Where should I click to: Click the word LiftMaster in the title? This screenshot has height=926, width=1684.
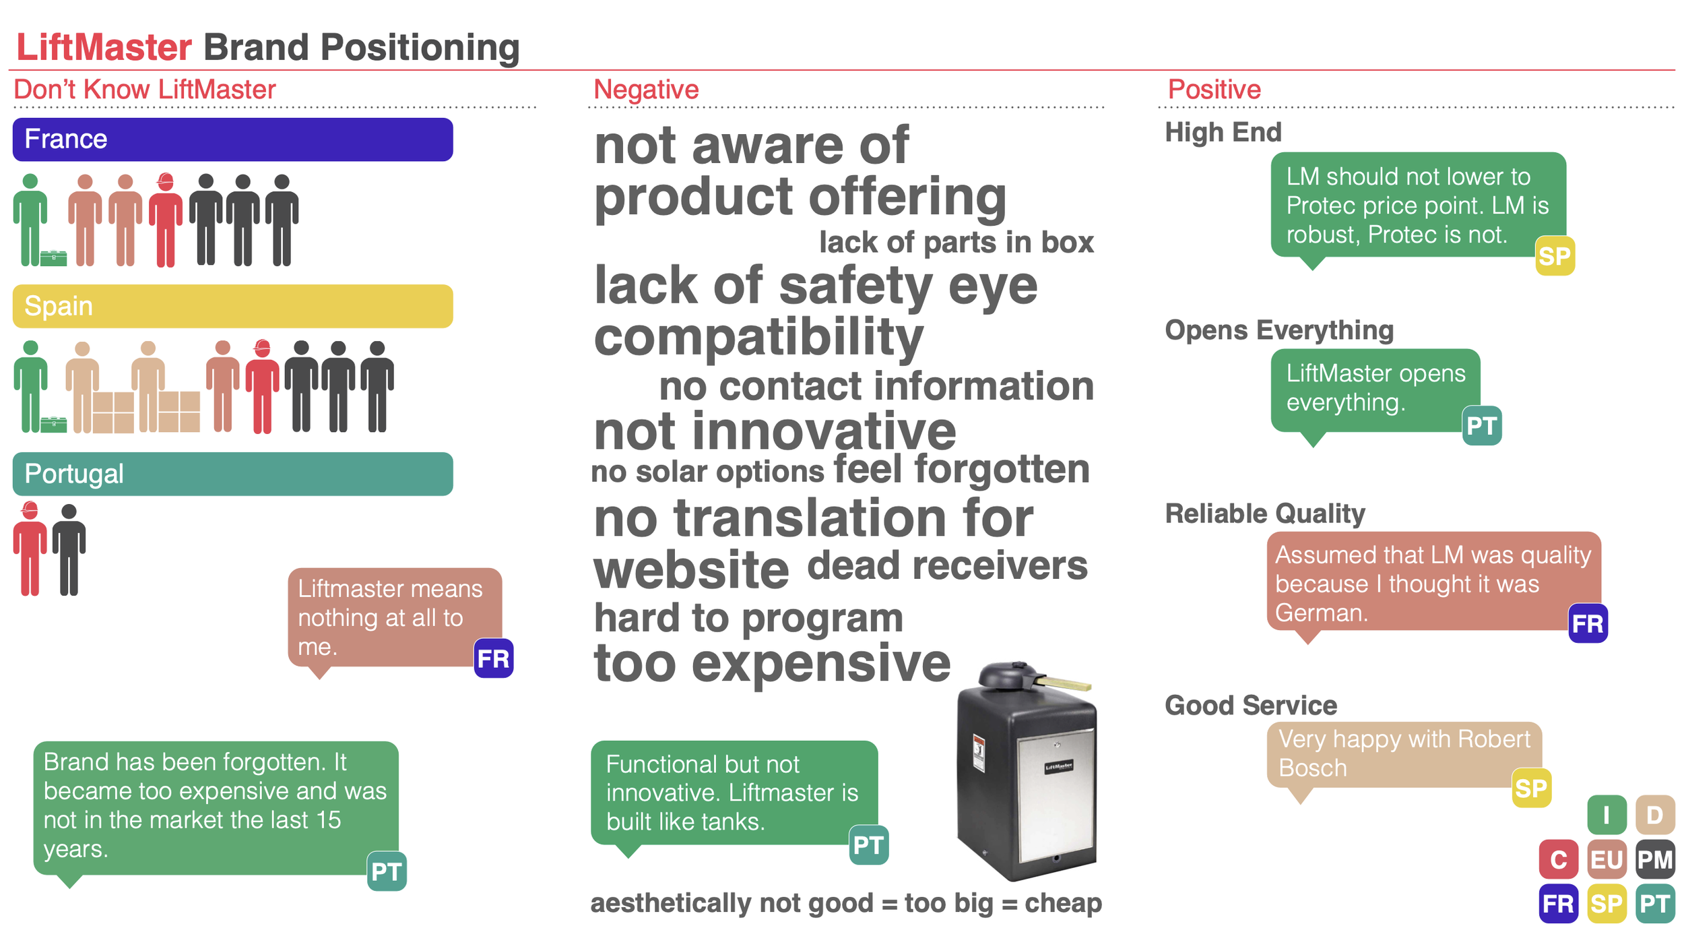(x=104, y=47)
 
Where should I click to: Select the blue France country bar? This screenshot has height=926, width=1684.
(x=232, y=140)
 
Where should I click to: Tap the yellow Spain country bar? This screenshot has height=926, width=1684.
(x=232, y=306)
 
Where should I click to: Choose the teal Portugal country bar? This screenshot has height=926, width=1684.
(x=232, y=474)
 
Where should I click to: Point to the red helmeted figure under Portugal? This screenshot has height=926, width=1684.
(x=30, y=549)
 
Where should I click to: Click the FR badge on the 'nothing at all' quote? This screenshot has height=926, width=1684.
(x=494, y=658)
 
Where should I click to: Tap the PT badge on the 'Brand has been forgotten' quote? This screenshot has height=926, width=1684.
(x=387, y=871)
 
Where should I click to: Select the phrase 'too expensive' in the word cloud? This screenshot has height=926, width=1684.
(x=772, y=663)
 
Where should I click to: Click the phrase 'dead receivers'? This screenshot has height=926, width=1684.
(x=947, y=565)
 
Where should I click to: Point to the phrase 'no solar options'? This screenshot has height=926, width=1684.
(x=707, y=472)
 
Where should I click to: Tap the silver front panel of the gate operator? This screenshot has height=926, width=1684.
(x=1056, y=799)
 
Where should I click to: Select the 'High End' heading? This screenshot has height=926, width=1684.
(x=1223, y=132)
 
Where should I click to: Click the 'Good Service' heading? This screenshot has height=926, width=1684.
(x=1251, y=705)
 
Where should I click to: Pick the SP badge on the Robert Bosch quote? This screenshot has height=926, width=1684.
(x=1532, y=788)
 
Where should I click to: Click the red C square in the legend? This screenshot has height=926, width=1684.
(x=1559, y=859)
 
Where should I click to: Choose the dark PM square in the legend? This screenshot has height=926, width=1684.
(x=1655, y=859)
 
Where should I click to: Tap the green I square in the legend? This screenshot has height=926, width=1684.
(x=1607, y=815)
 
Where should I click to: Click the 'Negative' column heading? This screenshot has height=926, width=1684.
(x=646, y=90)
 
